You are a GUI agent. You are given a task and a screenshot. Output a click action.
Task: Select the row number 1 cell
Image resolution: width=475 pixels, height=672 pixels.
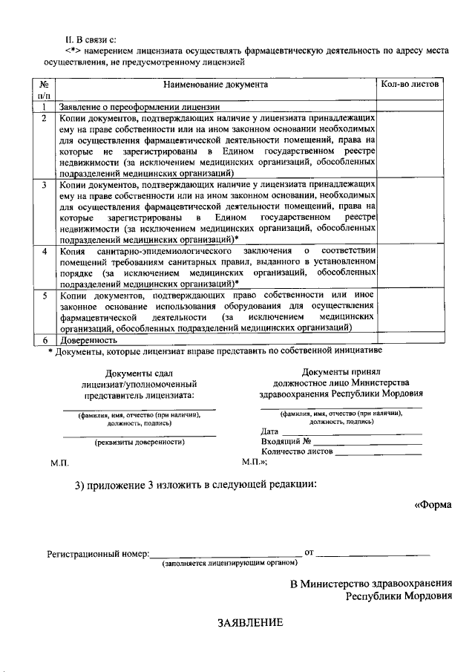click(45, 107)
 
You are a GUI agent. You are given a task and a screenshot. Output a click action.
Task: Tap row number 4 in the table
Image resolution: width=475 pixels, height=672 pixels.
click(45, 252)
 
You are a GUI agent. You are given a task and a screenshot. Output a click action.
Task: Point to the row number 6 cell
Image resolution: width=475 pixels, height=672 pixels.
click(45, 339)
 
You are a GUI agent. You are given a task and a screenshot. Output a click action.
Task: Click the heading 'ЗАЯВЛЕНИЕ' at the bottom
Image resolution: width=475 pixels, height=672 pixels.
click(250, 622)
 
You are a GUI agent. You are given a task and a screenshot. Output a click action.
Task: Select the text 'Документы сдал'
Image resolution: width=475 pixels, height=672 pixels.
click(140, 373)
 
